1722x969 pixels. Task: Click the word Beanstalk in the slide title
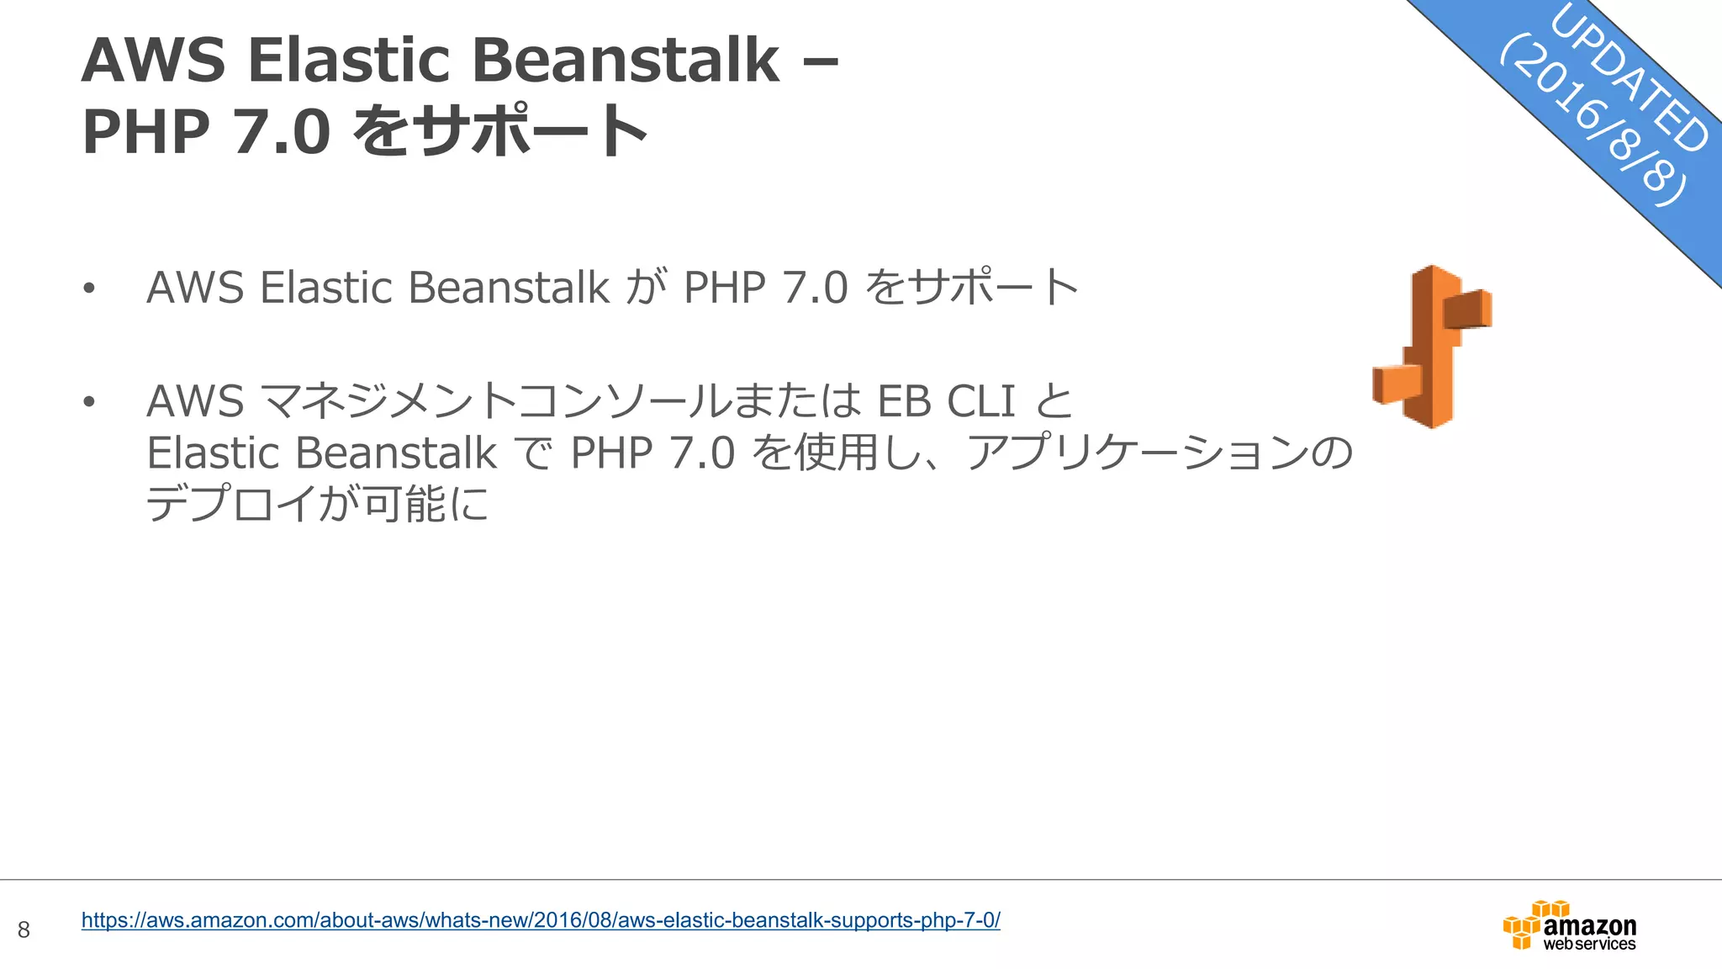(626, 61)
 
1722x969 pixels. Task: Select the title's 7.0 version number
(282, 132)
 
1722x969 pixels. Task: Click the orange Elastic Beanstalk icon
(1432, 347)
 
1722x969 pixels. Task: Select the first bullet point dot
(89, 289)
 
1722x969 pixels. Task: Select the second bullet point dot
(89, 402)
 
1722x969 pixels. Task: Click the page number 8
(24, 929)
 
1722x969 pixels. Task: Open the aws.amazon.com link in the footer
(541, 920)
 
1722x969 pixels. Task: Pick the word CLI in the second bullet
(981, 401)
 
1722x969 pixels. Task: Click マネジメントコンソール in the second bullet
(496, 401)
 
